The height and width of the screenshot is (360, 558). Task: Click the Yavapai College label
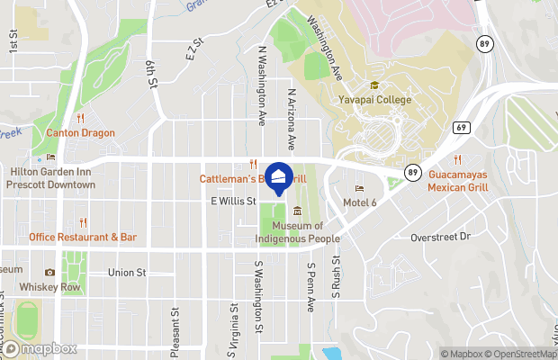click(374, 100)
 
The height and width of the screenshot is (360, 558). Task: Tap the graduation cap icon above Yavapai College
click(374, 85)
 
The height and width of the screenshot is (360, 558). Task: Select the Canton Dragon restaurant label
click(81, 133)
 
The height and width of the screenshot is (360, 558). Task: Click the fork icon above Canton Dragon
click(81, 118)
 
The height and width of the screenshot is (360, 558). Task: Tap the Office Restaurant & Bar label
click(83, 238)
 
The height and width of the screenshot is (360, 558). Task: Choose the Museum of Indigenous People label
click(298, 232)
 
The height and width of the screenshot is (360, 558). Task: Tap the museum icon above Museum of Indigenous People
click(297, 211)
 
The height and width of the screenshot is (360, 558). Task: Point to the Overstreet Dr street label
click(440, 237)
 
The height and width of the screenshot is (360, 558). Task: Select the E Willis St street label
click(234, 202)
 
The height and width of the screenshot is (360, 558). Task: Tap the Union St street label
click(127, 272)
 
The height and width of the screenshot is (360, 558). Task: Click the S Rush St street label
click(336, 276)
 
